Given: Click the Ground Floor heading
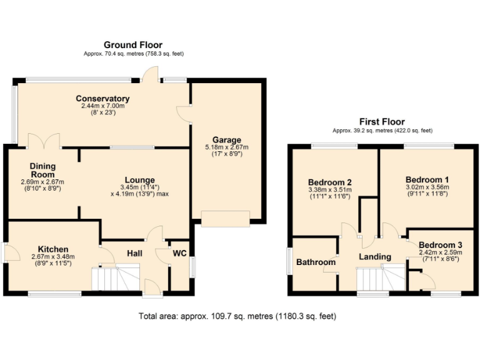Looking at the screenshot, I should (133, 45).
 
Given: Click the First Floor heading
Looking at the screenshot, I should (382, 122).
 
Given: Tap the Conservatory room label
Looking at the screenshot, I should (102, 99).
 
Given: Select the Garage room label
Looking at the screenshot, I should (227, 140).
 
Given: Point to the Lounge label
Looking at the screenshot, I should (139, 180).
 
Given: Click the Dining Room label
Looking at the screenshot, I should (42, 170).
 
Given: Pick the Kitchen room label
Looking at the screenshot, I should (52, 249).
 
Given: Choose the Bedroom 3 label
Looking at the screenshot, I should (441, 244).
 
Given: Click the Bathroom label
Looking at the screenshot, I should (316, 262).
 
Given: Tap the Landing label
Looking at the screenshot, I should (375, 256).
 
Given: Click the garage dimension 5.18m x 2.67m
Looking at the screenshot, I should (227, 147).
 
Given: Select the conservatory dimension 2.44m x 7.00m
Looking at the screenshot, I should (102, 106).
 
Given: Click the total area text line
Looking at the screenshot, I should (237, 316).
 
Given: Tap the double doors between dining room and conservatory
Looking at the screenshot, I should (44, 141).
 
